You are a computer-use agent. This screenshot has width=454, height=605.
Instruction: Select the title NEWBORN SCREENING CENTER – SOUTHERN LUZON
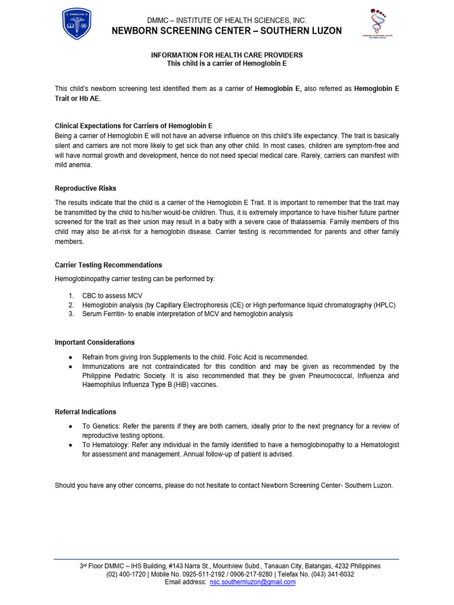tap(226, 31)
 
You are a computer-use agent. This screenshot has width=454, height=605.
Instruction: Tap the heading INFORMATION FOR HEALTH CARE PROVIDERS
tap(226, 55)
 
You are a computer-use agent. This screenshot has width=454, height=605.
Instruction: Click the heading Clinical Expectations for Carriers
tap(134, 126)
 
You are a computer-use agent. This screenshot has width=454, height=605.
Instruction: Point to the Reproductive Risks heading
tap(86, 188)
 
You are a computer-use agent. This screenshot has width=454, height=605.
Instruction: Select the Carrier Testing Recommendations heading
tap(108, 265)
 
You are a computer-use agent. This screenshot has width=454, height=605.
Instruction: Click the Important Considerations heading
tap(95, 342)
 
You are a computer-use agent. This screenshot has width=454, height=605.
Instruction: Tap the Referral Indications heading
tap(85, 412)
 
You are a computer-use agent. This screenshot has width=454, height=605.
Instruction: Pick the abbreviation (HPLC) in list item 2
tap(384, 305)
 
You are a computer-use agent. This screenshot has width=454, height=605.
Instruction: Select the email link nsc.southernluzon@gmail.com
tap(252, 582)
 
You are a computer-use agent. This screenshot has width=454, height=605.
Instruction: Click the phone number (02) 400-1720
tap(125, 574)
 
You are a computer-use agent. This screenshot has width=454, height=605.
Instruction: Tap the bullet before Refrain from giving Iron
tap(71, 357)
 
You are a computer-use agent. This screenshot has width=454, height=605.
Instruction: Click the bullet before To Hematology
tap(71, 444)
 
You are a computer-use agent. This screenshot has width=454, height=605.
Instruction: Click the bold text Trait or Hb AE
tap(77, 99)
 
